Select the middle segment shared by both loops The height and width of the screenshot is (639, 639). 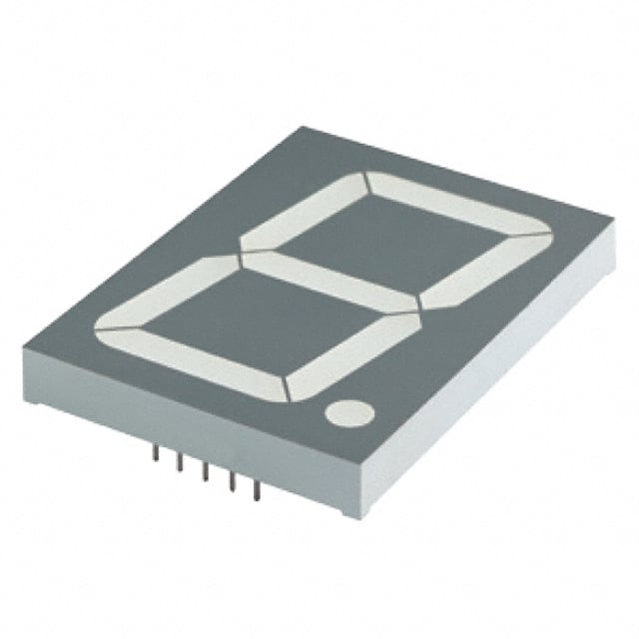(x=329, y=279)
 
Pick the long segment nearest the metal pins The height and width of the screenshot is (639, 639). (x=190, y=354)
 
